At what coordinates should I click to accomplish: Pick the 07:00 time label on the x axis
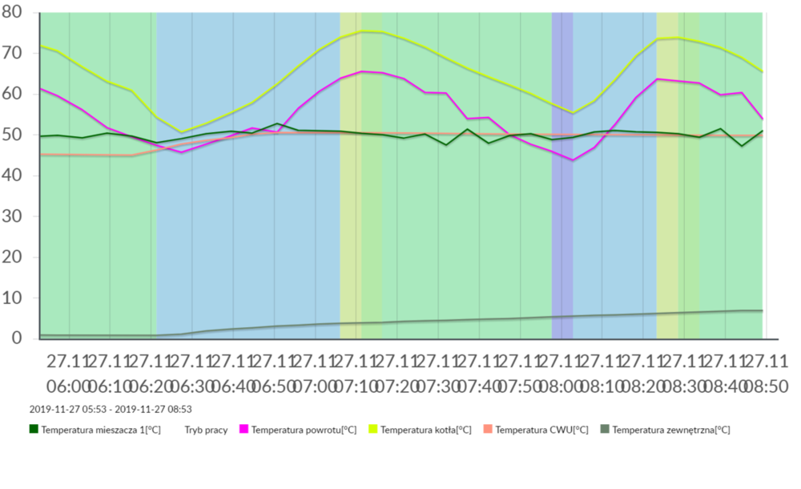[x=316, y=386]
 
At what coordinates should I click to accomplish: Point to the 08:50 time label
[x=765, y=386]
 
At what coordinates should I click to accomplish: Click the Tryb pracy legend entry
[x=205, y=430]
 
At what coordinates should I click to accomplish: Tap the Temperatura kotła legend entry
[x=425, y=430]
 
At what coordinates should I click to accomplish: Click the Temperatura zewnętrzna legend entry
[x=670, y=430]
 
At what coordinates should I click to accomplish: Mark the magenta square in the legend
[x=244, y=430]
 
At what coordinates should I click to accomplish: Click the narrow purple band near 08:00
[x=562, y=200]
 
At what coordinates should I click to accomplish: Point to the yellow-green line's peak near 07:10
[x=363, y=31]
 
